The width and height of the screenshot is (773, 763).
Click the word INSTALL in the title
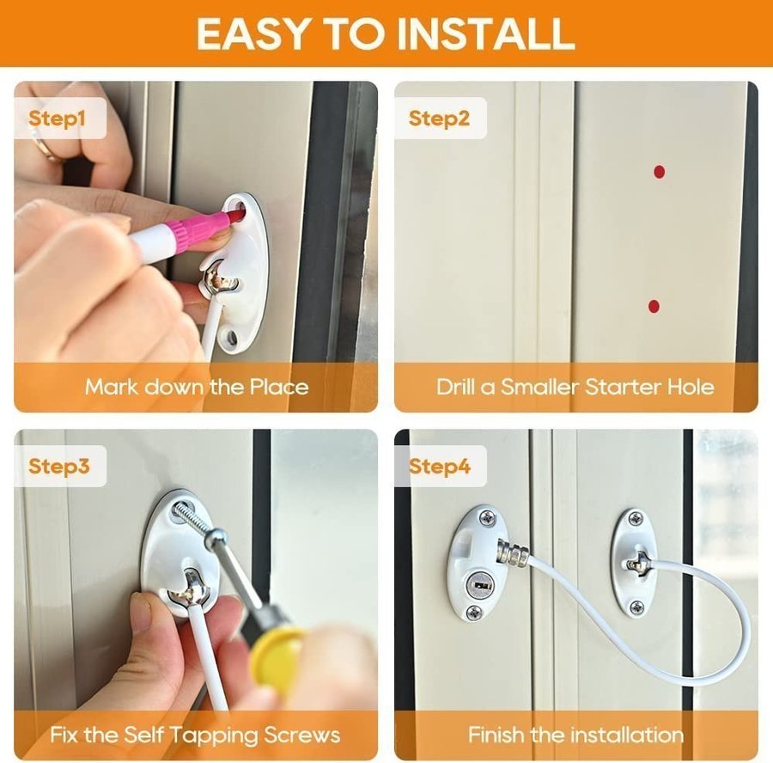pyautogui.click(x=485, y=34)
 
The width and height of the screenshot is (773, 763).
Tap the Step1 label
pyautogui.click(x=57, y=119)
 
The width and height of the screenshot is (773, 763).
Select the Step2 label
pyautogui.click(x=439, y=119)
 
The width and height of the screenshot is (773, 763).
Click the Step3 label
pyautogui.click(x=58, y=466)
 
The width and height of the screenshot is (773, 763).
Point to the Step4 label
pyautogui.click(x=439, y=466)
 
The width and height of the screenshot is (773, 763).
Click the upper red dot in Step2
pyautogui.click(x=659, y=172)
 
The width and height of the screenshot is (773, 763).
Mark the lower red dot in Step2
pyautogui.click(x=654, y=306)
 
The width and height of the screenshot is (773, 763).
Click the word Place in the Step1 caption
pyautogui.click(x=279, y=387)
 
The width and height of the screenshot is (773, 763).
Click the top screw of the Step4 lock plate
pyautogui.click(x=487, y=518)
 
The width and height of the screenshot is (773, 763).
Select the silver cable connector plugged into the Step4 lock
pyautogui.click(x=513, y=553)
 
